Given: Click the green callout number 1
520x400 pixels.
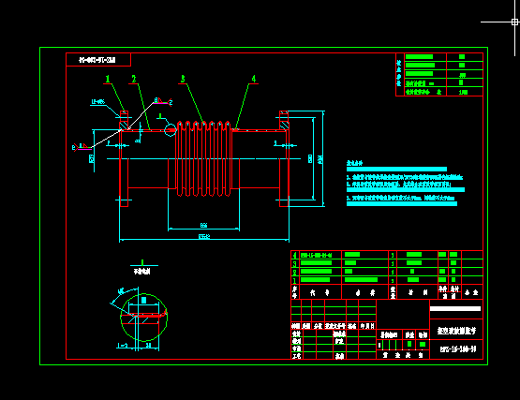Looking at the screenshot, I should point(108,79).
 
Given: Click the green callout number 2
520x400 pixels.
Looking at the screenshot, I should point(133,79).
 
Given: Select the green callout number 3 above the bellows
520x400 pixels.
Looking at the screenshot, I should point(183,79).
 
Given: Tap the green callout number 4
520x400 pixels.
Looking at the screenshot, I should point(253,79).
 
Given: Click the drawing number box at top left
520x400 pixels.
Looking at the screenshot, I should point(98,60).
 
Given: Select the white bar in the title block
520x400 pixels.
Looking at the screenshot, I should point(455,308).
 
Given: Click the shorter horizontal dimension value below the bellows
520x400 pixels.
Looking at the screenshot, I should point(203,225).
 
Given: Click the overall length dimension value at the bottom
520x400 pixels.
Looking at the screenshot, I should point(203,237).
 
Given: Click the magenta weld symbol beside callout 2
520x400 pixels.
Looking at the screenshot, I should point(161,101).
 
